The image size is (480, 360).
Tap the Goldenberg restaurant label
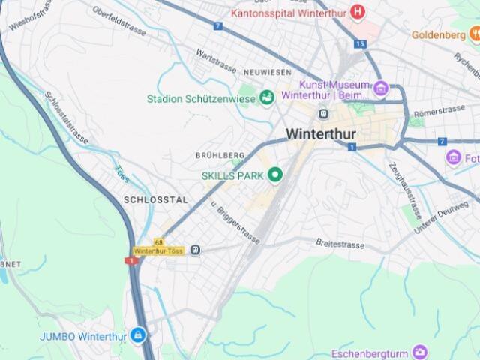(439, 34)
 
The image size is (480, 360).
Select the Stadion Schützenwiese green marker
(266, 97)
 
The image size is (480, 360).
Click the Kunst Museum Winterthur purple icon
(381, 89)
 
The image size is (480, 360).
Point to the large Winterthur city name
(321, 134)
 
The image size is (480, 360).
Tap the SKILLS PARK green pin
(275, 175)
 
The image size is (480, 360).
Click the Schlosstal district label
(155, 200)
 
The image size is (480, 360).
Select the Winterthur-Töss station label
(159, 250)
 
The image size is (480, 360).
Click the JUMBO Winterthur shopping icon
(138, 335)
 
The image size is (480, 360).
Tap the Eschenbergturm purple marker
(420, 352)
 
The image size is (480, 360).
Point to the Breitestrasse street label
(340, 244)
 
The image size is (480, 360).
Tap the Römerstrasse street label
(439, 111)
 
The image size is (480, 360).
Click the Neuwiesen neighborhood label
(267, 71)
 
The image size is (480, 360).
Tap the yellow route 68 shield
(159, 242)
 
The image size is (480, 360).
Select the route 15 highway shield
(360, 44)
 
